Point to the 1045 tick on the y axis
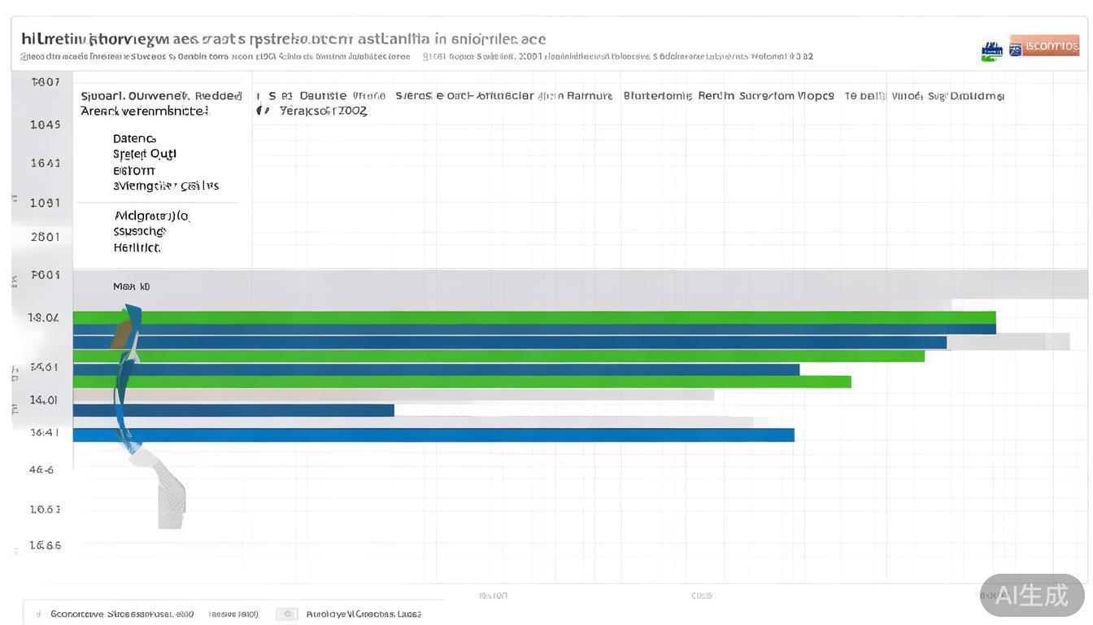click(x=46, y=125)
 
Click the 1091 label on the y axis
click(x=46, y=203)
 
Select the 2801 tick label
click(x=46, y=237)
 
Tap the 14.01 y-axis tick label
click(x=44, y=400)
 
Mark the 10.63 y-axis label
click(x=46, y=509)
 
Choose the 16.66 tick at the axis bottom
click(x=46, y=545)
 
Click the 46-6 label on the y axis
click(x=41, y=470)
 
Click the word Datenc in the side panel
click(x=134, y=138)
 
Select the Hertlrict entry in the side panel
click(x=137, y=247)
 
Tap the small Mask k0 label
click(x=131, y=286)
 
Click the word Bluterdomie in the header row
click(x=657, y=96)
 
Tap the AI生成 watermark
click(x=1032, y=595)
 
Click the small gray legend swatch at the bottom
click(x=286, y=614)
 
